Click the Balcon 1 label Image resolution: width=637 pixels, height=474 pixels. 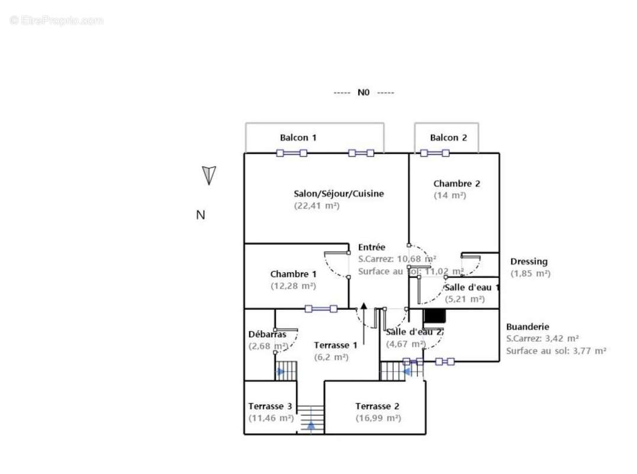[298, 137]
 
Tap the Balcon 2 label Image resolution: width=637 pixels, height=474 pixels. [448, 137]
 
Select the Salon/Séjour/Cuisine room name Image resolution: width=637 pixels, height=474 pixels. [339, 193]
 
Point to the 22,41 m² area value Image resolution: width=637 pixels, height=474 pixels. [317, 206]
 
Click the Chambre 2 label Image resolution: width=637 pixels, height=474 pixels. [456, 184]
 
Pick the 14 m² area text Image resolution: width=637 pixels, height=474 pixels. [450, 195]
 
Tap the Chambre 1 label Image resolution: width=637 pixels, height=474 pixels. [293, 274]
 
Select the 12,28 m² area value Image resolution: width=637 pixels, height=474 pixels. [293, 286]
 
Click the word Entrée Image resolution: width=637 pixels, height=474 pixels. [372, 247]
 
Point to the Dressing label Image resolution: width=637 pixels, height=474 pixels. [529, 261]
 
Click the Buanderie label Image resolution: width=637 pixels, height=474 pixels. [527, 326]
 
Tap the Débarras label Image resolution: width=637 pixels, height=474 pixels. [267, 334]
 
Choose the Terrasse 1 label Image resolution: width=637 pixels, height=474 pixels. [335, 345]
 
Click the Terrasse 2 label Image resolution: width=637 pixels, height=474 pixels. [377, 406]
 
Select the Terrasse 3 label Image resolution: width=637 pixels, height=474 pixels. [270, 406]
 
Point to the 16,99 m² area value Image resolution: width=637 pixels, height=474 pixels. [378, 418]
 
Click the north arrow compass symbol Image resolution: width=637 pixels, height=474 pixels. [208, 175]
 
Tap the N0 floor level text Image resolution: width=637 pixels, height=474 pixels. [363, 92]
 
